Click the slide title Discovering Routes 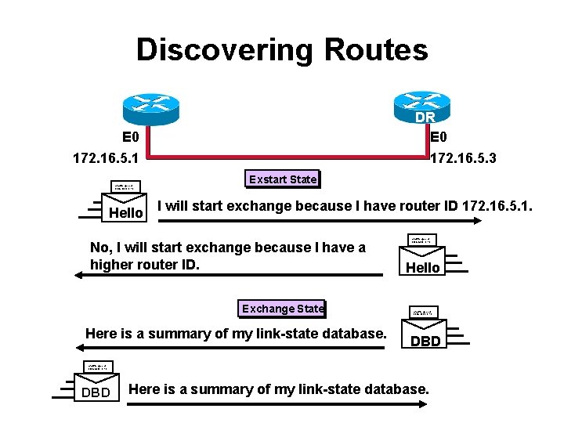(x=282, y=49)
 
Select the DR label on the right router (x=425, y=117)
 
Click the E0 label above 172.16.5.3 (x=440, y=136)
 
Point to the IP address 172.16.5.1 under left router (x=106, y=159)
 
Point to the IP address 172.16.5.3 (x=463, y=159)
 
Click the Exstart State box (x=283, y=179)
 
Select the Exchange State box (x=283, y=309)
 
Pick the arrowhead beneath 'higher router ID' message (x=78, y=275)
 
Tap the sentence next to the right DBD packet (x=236, y=334)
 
